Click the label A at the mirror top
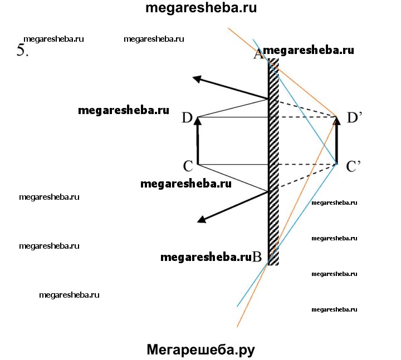pos(258,54)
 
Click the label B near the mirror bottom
pos(257,257)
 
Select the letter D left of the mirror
pos(187,117)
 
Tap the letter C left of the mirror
pos(188,166)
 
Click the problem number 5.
pos(23,50)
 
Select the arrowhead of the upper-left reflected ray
pos(197,78)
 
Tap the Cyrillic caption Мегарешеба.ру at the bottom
pos(200,349)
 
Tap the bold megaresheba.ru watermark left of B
pos(206,257)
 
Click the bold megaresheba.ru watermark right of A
pos(309,50)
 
